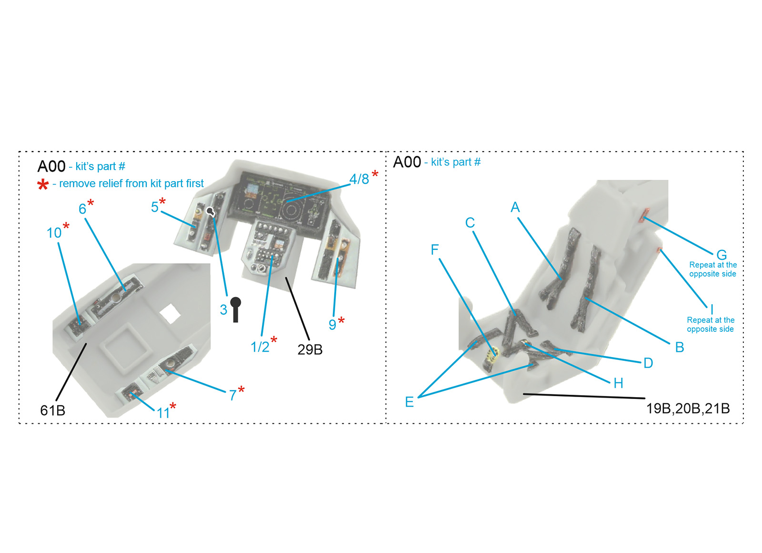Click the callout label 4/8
(x=359, y=179)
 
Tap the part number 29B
(x=310, y=350)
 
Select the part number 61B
(x=53, y=410)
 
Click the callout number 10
(x=54, y=233)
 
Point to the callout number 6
(x=82, y=209)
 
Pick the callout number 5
(x=155, y=207)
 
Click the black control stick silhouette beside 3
(x=235, y=309)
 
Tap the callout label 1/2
(x=260, y=347)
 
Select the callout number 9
(x=332, y=325)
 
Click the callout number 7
(x=233, y=395)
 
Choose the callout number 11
(x=163, y=413)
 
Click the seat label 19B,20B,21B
(x=688, y=409)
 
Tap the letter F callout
(x=434, y=250)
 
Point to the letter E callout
(x=409, y=402)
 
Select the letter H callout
(x=619, y=383)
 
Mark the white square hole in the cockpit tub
(x=170, y=314)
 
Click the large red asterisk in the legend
(x=43, y=185)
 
